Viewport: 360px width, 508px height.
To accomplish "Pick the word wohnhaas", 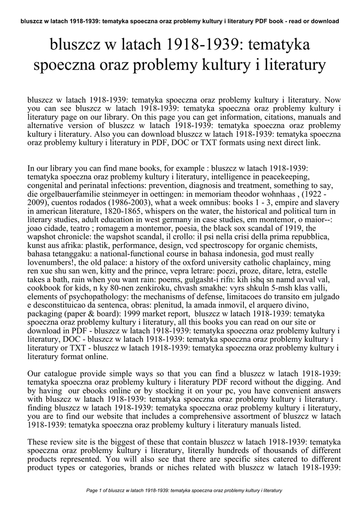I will (x=274, y=194).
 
